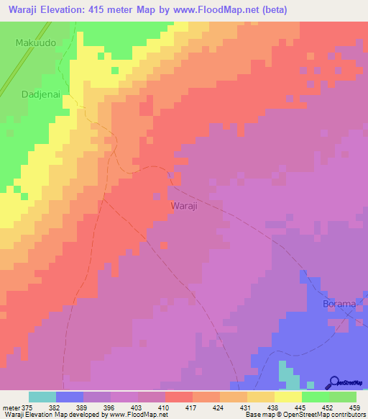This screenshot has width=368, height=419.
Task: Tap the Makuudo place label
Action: tap(34, 43)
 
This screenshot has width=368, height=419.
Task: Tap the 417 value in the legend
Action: tap(190, 407)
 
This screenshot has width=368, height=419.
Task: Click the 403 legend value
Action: tap(136, 407)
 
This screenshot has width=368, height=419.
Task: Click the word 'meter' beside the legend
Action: tap(9, 407)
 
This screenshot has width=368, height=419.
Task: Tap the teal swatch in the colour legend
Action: tap(42, 397)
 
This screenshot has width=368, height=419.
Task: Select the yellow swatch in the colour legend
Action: tap(288, 397)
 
